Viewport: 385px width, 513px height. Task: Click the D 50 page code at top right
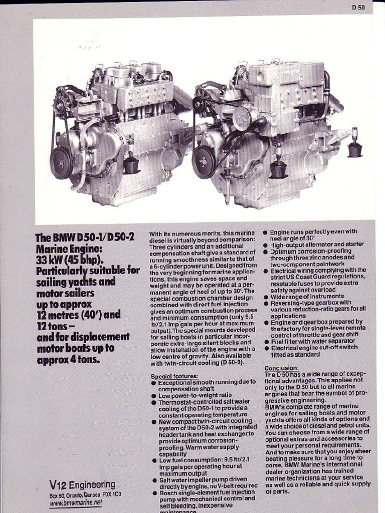358,7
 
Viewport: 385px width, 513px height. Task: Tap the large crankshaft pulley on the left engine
61,163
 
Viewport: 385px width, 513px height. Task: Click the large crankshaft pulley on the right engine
204,161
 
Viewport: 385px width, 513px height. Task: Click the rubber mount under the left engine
131,164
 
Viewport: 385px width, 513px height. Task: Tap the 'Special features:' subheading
174,376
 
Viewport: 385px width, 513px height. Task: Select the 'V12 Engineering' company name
82,484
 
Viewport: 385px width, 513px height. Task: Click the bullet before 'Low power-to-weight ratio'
153,395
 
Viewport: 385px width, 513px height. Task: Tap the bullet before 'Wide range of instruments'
266,297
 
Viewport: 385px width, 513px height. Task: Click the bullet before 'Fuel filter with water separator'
266,342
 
